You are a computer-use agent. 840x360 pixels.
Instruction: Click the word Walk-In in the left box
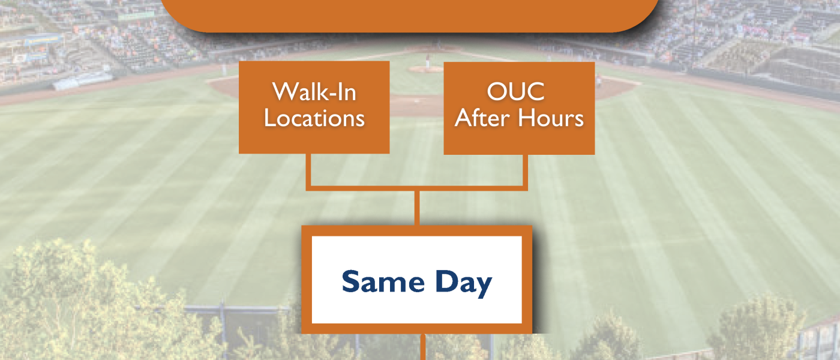pyautogui.click(x=314, y=92)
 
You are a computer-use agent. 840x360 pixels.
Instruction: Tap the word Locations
pyautogui.click(x=314, y=118)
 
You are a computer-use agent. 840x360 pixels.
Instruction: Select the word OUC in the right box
pyautogui.click(x=515, y=91)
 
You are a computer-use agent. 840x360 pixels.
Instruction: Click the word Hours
pyautogui.click(x=551, y=118)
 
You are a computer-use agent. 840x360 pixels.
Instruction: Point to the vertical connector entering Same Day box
pyautogui.click(x=417, y=208)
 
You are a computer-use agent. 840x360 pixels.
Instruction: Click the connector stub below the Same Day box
pyautogui.click(x=423, y=347)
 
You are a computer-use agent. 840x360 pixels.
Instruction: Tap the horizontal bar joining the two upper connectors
pyautogui.click(x=417, y=188)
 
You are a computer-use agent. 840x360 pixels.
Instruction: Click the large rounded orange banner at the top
pyautogui.click(x=410, y=15)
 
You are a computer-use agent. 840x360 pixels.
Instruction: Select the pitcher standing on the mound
pyautogui.click(x=427, y=61)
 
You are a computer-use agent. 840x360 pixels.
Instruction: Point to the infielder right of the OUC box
pyautogui.click(x=599, y=80)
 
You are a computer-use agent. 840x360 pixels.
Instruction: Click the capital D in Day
pyautogui.click(x=445, y=281)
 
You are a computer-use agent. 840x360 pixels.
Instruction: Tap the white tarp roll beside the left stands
pyautogui.click(x=83, y=80)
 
